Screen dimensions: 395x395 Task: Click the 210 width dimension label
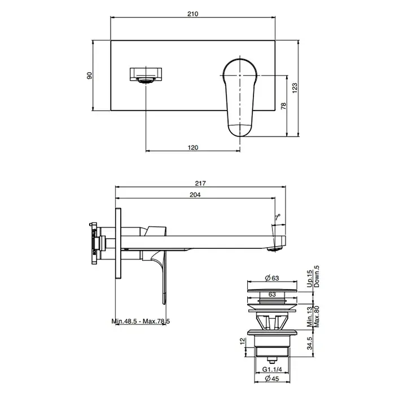pyautogui.click(x=193, y=14)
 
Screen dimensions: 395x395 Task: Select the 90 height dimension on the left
pyautogui.click(x=89, y=75)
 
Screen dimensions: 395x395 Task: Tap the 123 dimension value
pyautogui.click(x=295, y=88)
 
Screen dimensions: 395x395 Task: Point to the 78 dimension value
pyautogui.click(x=283, y=106)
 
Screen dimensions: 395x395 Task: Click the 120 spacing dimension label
pyautogui.click(x=193, y=147)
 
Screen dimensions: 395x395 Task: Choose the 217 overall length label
pyautogui.click(x=200, y=183)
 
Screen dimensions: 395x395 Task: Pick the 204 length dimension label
pyautogui.click(x=195, y=195)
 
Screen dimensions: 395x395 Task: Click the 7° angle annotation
pyautogui.click(x=278, y=217)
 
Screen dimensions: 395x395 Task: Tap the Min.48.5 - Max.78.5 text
pyautogui.click(x=141, y=321)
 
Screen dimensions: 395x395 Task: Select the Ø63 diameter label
pyautogui.click(x=272, y=278)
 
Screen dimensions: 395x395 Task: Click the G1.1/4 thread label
pyautogui.click(x=272, y=370)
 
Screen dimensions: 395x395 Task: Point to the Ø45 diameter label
pyautogui.click(x=272, y=379)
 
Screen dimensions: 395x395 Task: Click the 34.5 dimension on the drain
pyautogui.click(x=309, y=343)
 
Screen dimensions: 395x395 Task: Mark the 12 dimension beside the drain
pyautogui.click(x=242, y=341)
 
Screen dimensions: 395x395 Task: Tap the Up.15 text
pyautogui.click(x=310, y=279)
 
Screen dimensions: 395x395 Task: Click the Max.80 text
pyautogui.click(x=317, y=317)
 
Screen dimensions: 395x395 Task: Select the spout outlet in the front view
pyautogui.click(x=146, y=80)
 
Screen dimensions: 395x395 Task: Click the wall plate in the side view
pyautogui.click(x=118, y=243)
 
